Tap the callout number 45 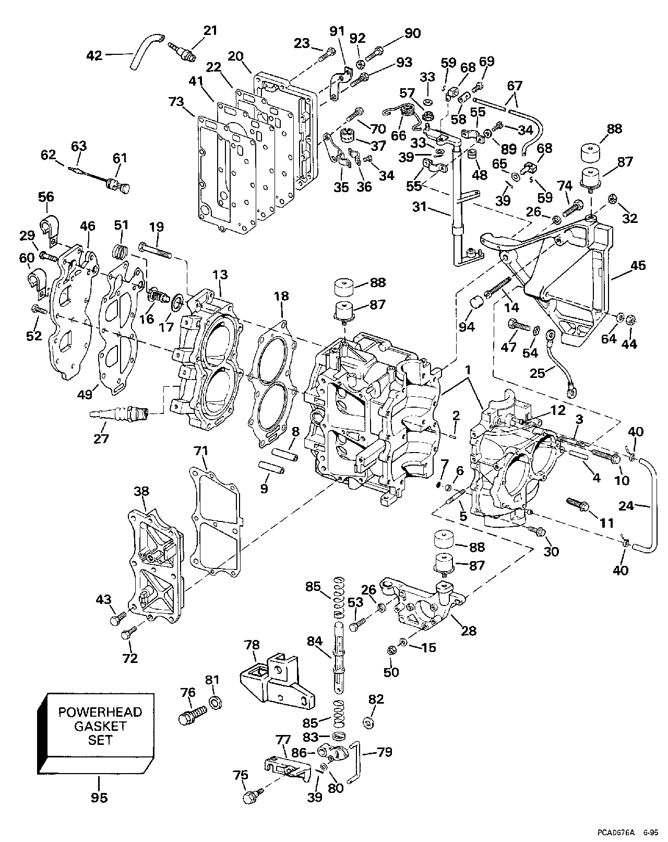[638, 265]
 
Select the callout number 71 [201, 450]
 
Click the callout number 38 [141, 491]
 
